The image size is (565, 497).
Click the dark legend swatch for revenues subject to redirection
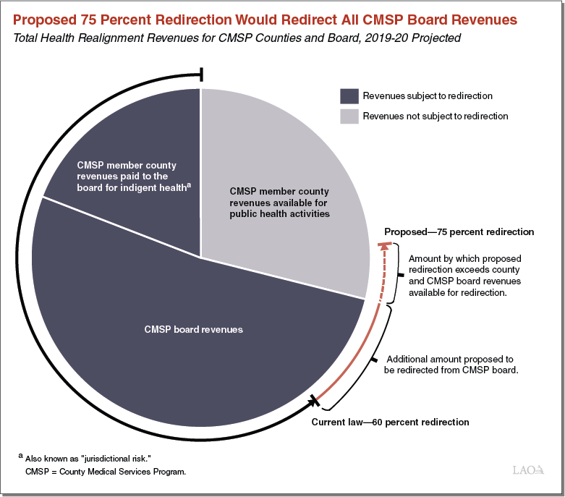click(349, 96)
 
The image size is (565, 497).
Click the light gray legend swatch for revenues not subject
click(349, 116)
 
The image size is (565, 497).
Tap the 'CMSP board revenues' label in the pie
click(194, 329)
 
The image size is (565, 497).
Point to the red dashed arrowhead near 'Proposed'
click(385, 247)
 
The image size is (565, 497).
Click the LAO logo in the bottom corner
click(530, 471)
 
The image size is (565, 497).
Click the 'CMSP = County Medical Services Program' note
click(106, 472)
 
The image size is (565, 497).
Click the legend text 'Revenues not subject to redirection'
click(435, 116)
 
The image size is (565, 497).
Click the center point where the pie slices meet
click(200, 256)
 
